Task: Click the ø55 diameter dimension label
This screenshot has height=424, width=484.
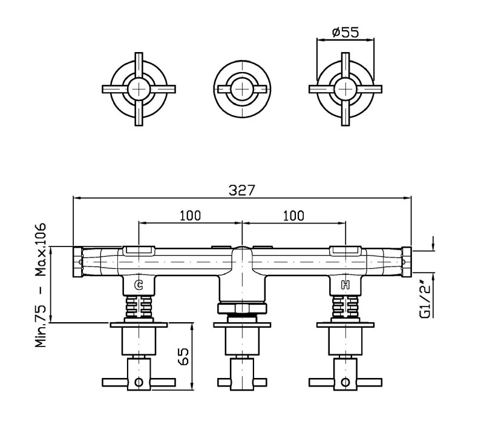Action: click(345, 32)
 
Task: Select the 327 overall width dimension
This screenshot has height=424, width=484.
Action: click(242, 190)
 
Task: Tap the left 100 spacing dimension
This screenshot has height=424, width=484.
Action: click(190, 216)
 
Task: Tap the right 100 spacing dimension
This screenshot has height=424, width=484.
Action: click(293, 216)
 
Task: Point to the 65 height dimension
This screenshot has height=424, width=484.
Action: click(183, 356)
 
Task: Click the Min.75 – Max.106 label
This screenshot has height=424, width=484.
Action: click(41, 285)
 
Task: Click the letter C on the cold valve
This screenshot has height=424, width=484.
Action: click(139, 285)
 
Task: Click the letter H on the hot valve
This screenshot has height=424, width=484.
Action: click(345, 285)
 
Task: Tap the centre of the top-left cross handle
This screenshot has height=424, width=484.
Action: click(139, 89)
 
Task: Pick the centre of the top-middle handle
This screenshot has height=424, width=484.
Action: click(243, 89)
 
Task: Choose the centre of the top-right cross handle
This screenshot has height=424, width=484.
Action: click(345, 89)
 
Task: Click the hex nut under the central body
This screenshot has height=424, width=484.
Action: click(243, 308)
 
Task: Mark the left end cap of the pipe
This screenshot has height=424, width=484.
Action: click(77, 262)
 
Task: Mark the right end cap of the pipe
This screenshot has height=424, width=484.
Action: click(407, 262)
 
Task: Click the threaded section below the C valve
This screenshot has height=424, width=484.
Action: click(139, 306)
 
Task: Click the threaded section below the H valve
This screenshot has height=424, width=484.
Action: click(345, 306)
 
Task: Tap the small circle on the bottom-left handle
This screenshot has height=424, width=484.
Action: click(139, 382)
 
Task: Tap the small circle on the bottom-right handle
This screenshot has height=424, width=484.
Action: click(345, 382)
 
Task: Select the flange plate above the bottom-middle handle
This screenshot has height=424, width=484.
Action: click(243, 325)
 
